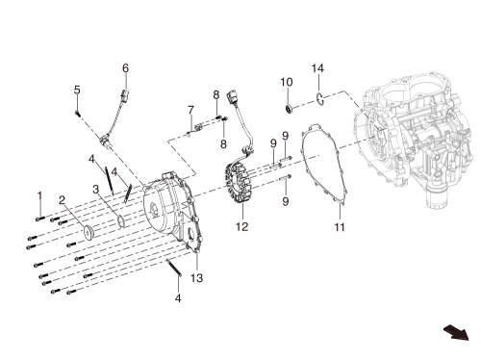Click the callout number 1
[x=39, y=195]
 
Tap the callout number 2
[x=62, y=201]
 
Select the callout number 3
[x=96, y=190]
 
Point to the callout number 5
[x=77, y=90]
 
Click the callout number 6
[x=125, y=68]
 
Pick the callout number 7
[x=190, y=110]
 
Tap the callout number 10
[x=287, y=82]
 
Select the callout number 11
[x=340, y=227]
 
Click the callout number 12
[x=242, y=226]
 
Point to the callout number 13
[x=197, y=278]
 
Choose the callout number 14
[x=317, y=68]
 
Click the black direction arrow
[x=456, y=332]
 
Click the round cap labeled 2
[x=88, y=232]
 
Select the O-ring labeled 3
[x=121, y=220]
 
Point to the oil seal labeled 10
[x=290, y=109]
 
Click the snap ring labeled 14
[x=319, y=99]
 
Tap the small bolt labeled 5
[x=77, y=113]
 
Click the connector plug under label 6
[x=124, y=94]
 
